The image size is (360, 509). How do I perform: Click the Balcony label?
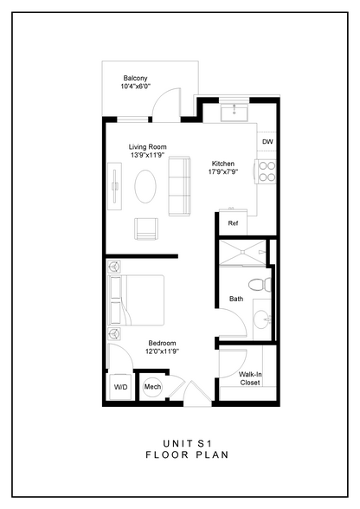[x=136, y=78]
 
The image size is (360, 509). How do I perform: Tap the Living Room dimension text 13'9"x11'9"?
[x=148, y=156]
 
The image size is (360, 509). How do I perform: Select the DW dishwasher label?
[x=267, y=141]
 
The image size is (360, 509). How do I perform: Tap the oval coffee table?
[x=146, y=186]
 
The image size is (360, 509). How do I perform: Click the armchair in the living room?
[x=147, y=229]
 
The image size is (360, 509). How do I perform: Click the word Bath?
[x=236, y=299]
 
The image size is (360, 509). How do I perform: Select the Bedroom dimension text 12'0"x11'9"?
[x=163, y=351]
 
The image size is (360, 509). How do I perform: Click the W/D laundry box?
[x=119, y=387]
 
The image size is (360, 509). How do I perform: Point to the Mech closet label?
[x=152, y=387]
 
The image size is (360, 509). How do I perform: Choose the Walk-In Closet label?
[x=249, y=377]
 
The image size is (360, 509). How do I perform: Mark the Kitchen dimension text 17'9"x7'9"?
[x=223, y=171]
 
